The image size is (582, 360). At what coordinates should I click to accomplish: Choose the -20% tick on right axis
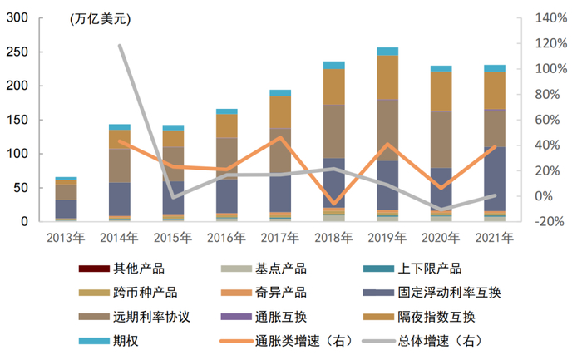click(549, 222)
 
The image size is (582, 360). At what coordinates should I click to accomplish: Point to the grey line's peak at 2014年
click(120, 46)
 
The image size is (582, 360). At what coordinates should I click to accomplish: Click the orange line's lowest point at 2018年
click(333, 203)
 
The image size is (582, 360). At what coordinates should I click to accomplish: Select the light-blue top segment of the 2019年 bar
click(387, 52)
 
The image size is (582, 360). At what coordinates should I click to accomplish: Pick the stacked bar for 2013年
click(66, 200)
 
